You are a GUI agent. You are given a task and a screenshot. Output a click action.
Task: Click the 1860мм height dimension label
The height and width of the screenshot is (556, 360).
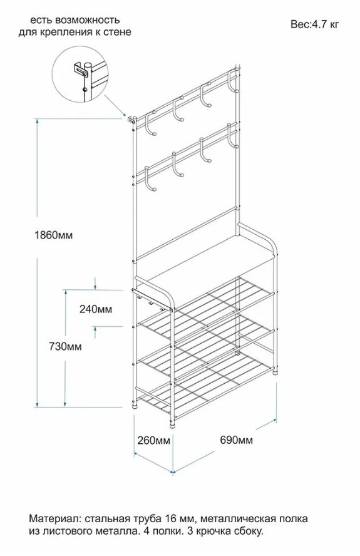point(54,235)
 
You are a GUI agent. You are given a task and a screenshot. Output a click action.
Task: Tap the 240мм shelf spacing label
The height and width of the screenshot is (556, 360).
point(96,309)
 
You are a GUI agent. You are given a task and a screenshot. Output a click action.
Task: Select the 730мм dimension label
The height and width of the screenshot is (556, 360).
point(65,346)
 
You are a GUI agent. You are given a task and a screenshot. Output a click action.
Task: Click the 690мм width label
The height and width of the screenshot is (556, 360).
point(237,440)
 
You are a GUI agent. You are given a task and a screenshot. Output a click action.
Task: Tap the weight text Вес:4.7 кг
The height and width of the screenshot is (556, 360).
point(315,24)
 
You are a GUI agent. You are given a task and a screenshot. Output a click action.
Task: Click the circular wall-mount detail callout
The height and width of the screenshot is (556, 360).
point(80,74)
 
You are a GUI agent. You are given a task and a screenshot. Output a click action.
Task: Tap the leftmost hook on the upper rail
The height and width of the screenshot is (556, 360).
point(151,124)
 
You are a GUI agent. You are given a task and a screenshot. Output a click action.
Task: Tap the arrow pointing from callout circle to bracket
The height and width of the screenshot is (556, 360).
point(116,106)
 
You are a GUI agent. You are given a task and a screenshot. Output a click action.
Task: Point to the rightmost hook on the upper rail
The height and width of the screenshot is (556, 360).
point(234,82)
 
